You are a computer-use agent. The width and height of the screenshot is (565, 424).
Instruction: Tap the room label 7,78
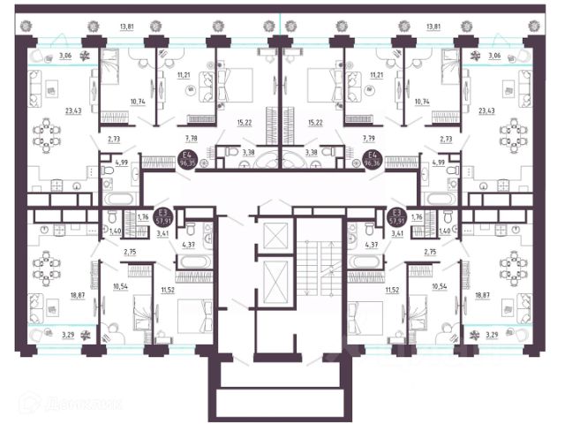click(x=191, y=138)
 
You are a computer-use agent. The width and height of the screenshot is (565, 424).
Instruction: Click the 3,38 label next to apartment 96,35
click(x=250, y=152)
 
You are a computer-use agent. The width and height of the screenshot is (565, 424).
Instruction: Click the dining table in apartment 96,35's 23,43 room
click(x=47, y=134)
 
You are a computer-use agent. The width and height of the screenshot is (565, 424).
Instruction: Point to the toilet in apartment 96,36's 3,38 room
click(x=328, y=153)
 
